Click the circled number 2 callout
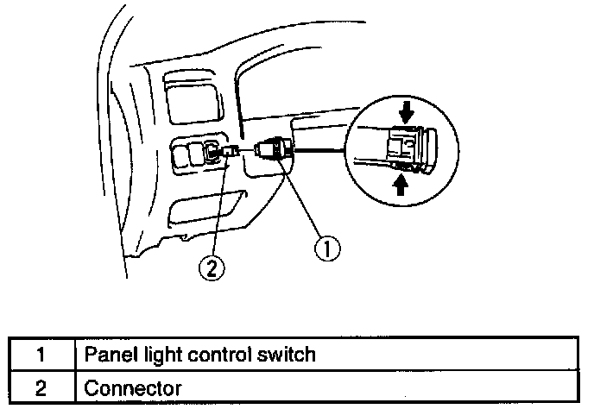coord(211,267)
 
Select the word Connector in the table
coord(133,388)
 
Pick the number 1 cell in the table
coord(40,354)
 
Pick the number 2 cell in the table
coord(40,388)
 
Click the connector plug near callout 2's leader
coord(231,153)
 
